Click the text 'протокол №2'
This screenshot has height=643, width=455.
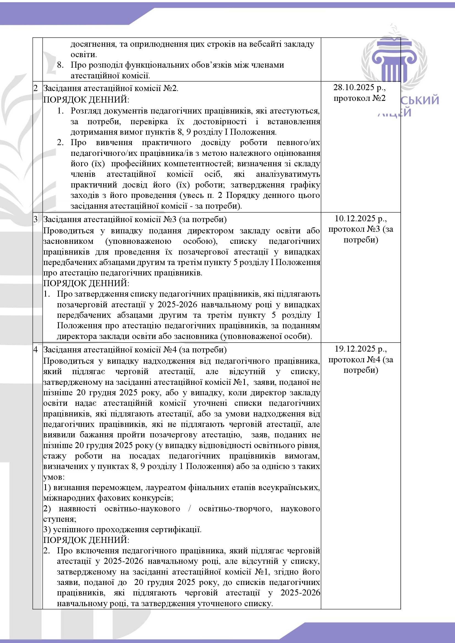(x=360, y=98)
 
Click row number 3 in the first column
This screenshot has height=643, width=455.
(x=35, y=219)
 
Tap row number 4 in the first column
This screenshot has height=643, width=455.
(x=35, y=350)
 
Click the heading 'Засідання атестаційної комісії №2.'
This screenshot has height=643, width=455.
(x=111, y=89)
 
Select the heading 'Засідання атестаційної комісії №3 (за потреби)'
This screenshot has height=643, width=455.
(x=135, y=219)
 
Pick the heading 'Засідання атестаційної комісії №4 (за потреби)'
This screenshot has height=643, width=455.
(x=135, y=350)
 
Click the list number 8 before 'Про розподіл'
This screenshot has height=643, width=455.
(x=60, y=65)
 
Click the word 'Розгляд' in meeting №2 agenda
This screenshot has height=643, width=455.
(x=86, y=111)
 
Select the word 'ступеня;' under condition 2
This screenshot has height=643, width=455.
(x=60, y=519)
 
